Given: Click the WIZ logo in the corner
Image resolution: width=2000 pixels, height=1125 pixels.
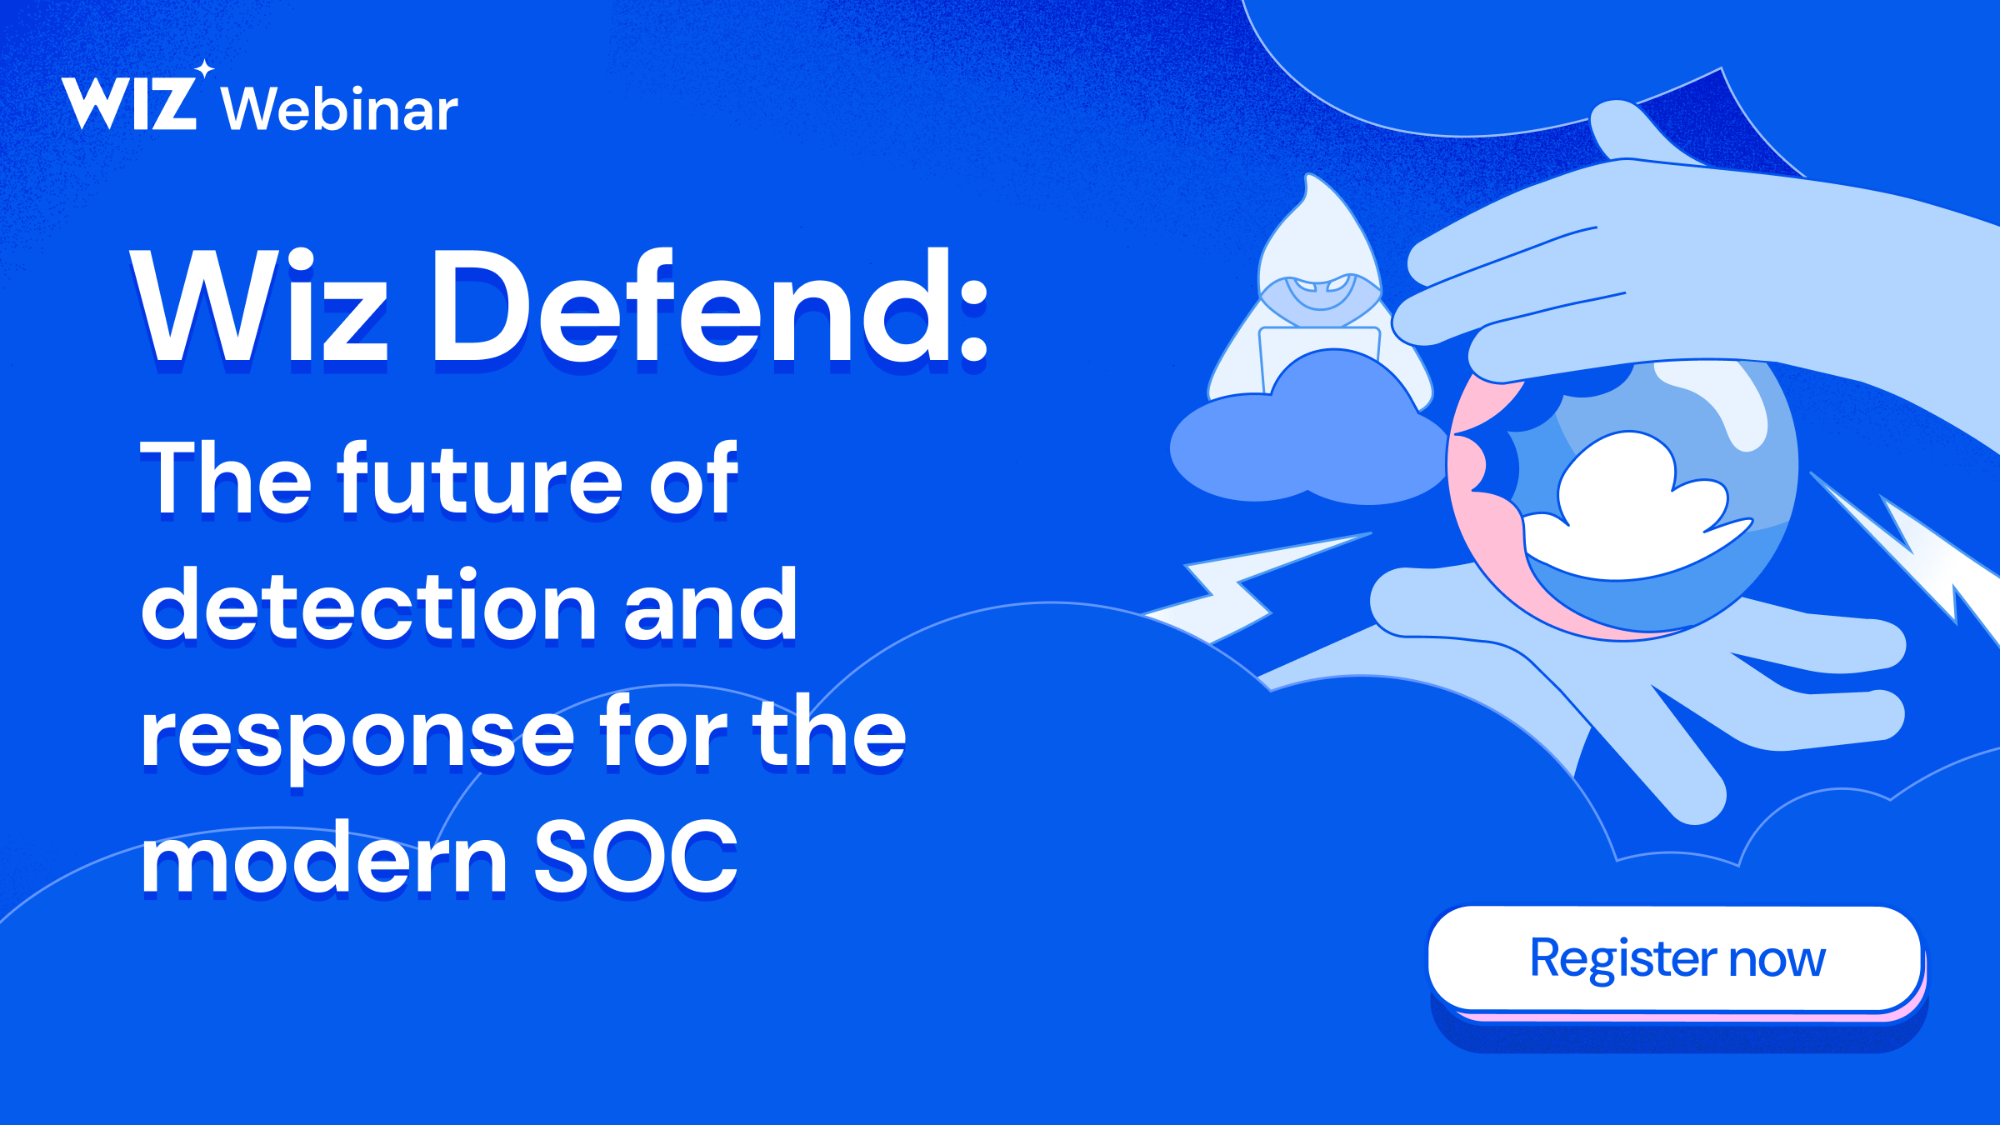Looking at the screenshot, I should pyautogui.click(x=129, y=103).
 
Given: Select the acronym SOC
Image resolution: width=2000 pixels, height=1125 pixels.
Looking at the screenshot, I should pyautogui.click(x=635, y=858).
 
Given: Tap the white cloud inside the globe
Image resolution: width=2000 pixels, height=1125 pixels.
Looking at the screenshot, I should pyautogui.click(x=1625, y=508).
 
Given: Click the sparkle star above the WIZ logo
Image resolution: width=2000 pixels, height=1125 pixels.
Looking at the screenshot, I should pyautogui.click(x=205, y=69).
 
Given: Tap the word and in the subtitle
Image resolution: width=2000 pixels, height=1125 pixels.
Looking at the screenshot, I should pyautogui.click(x=710, y=607).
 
